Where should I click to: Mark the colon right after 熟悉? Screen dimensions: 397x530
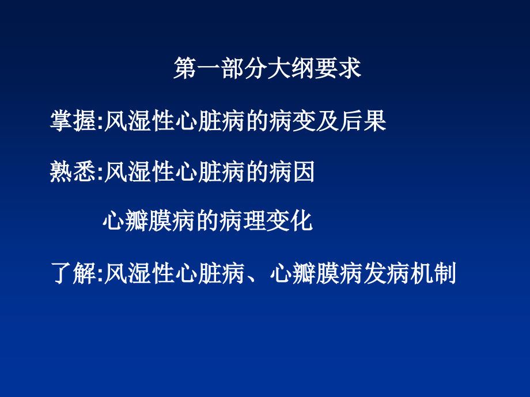click(x=100, y=173)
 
